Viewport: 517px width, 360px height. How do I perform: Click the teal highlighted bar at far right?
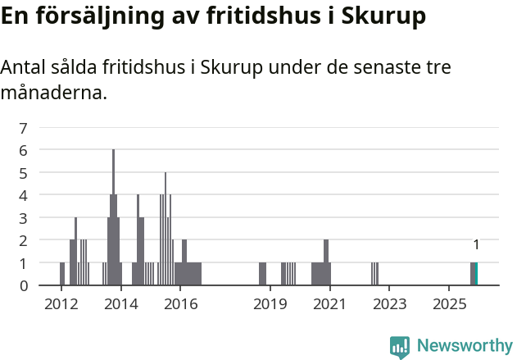coord(476,274)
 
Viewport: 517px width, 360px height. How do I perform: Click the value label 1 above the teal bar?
coord(476,244)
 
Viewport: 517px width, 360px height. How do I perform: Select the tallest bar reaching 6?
coord(113,217)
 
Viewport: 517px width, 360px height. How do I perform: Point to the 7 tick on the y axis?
coord(24,128)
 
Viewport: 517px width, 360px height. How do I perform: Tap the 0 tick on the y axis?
coord(24,285)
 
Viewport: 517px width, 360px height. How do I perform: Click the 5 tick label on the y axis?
coord(24,173)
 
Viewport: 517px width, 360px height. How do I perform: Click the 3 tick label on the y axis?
coord(24,218)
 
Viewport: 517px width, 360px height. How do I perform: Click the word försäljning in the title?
coord(95,16)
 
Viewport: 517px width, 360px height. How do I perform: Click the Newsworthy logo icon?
coord(400,347)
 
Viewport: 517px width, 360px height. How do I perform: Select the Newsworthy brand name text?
coord(464,346)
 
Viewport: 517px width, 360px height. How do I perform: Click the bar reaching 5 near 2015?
coord(166,229)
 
